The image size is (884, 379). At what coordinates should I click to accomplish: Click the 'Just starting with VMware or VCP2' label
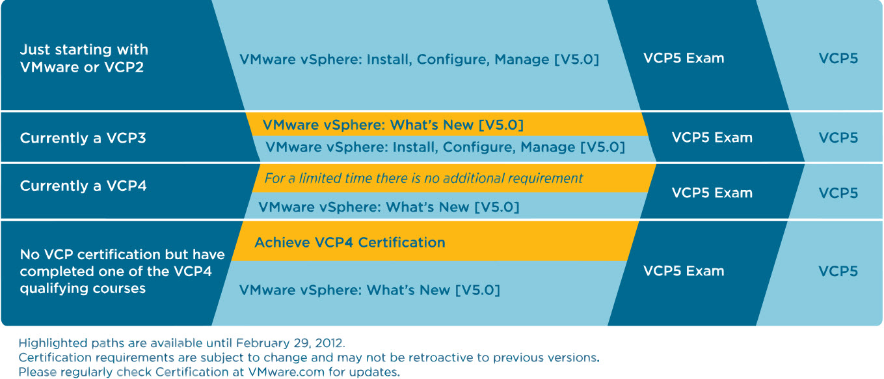point(84,59)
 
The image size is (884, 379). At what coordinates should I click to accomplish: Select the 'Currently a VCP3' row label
point(83,138)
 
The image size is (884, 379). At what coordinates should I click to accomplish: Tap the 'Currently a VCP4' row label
point(83,186)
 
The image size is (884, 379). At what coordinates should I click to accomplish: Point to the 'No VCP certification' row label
point(122,271)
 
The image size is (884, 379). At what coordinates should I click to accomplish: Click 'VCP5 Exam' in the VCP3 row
point(712,137)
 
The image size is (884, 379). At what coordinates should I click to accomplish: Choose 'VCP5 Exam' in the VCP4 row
point(712,193)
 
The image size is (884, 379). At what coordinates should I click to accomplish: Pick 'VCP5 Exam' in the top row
point(684,58)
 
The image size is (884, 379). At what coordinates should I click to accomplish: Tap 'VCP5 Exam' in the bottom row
point(684,271)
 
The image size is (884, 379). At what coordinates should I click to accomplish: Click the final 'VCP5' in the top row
point(838,59)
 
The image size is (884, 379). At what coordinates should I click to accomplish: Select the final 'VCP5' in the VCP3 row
point(838,138)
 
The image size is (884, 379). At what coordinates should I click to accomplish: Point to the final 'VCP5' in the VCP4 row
point(838,193)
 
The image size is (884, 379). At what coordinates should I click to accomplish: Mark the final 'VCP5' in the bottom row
point(838,271)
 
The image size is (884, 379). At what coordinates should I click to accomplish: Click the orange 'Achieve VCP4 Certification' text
point(350,242)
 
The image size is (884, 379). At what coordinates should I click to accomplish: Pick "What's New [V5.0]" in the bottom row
point(433,290)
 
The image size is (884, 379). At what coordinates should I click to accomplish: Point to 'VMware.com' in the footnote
point(286,372)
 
